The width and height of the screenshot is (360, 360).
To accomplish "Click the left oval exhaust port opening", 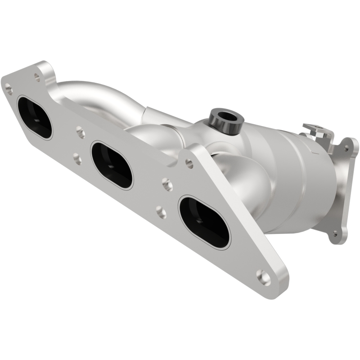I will (35, 117).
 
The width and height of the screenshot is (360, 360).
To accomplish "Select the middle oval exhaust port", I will (112, 165).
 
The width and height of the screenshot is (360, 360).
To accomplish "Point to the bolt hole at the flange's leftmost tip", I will (8, 89).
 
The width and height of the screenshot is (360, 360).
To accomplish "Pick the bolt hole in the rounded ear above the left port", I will (37, 77).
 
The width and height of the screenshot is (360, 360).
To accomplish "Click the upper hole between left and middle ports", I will (81, 132).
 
